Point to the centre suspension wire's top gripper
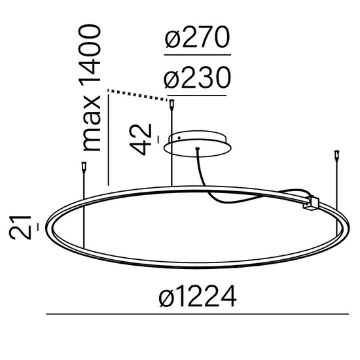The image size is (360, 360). [x=172, y=103]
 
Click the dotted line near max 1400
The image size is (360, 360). [x=138, y=93]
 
